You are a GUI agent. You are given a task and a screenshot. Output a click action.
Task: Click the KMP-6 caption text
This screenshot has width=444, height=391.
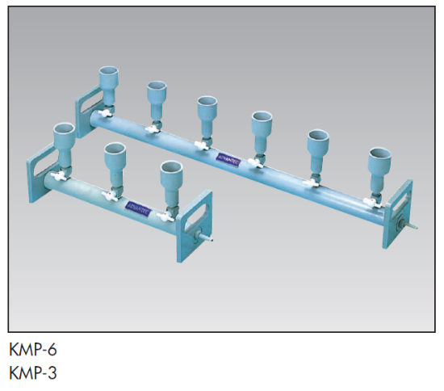(x=33, y=350)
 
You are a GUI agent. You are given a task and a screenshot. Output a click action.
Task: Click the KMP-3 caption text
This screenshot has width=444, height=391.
(x=33, y=373)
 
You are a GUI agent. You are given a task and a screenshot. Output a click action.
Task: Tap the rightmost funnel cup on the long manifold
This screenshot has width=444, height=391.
(x=378, y=164)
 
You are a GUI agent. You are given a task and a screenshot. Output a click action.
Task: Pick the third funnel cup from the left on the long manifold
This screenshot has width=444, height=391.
(x=207, y=111)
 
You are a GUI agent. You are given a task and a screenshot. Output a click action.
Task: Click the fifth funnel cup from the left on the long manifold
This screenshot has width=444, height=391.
(x=317, y=143)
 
